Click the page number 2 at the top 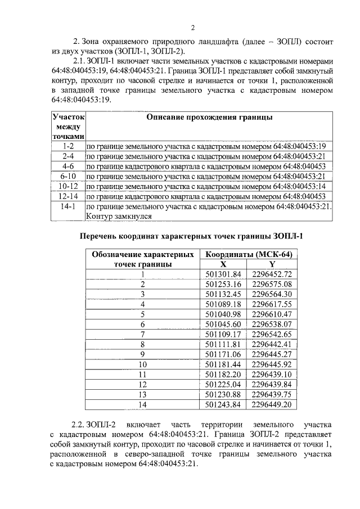click(192, 28)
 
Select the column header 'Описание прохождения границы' click(210, 118)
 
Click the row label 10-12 click(70, 186)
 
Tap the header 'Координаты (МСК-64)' click(249, 254)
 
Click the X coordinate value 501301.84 click(223, 274)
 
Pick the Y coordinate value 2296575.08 click(272, 285)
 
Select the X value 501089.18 click(223, 304)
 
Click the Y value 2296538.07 click(272, 325)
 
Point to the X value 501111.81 click(223, 344)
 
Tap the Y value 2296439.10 click(272, 374)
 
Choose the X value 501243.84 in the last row click(223, 404)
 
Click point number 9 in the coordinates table click(143, 354)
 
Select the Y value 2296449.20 click(272, 404)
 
